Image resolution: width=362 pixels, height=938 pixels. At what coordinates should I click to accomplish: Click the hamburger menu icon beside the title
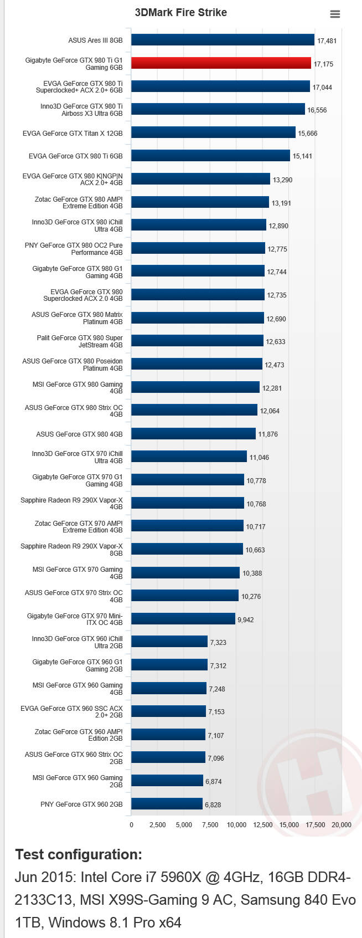(x=335, y=14)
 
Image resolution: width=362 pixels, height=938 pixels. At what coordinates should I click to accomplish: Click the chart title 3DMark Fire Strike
(x=181, y=13)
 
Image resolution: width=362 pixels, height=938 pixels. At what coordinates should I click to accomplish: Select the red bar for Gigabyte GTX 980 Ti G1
(x=221, y=63)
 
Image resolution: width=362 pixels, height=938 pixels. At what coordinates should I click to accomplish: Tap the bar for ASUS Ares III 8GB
(x=223, y=40)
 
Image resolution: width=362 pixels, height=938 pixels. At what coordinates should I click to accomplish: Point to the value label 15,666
(x=308, y=134)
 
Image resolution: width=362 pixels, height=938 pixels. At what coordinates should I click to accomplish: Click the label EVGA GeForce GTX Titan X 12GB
(x=73, y=134)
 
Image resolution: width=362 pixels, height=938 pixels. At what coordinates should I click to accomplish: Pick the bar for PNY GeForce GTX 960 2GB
(x=167, y=804)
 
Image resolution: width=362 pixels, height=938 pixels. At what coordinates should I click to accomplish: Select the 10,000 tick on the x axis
(x=236, y=825)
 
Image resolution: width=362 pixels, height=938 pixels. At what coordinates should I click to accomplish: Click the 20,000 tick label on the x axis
(x=342, y=825)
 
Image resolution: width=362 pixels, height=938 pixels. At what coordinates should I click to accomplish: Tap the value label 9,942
(x=246, y=620)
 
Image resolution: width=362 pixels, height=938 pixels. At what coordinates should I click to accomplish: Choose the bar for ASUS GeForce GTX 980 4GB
(x=193, y=434)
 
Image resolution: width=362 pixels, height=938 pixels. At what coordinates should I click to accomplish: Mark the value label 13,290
(x=282, y=180)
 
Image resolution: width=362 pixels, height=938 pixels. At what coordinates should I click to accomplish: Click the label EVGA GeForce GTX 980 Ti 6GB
(x=76, y=156)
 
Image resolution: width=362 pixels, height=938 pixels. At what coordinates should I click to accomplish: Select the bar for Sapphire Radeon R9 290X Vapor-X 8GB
(x=187, y=549)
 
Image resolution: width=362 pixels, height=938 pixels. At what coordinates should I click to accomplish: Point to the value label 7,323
(x=218, y=643)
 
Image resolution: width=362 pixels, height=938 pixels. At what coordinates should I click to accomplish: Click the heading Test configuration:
(x=79, y=854)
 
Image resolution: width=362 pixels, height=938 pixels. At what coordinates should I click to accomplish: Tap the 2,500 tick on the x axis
(x=158, y=825)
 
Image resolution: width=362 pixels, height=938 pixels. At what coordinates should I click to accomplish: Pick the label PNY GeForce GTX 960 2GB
(x=81, y=804)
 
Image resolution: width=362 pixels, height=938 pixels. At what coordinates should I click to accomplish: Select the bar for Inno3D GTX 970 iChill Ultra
(x=189, y=457)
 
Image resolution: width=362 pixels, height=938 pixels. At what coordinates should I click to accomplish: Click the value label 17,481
(x=327, y=41)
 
